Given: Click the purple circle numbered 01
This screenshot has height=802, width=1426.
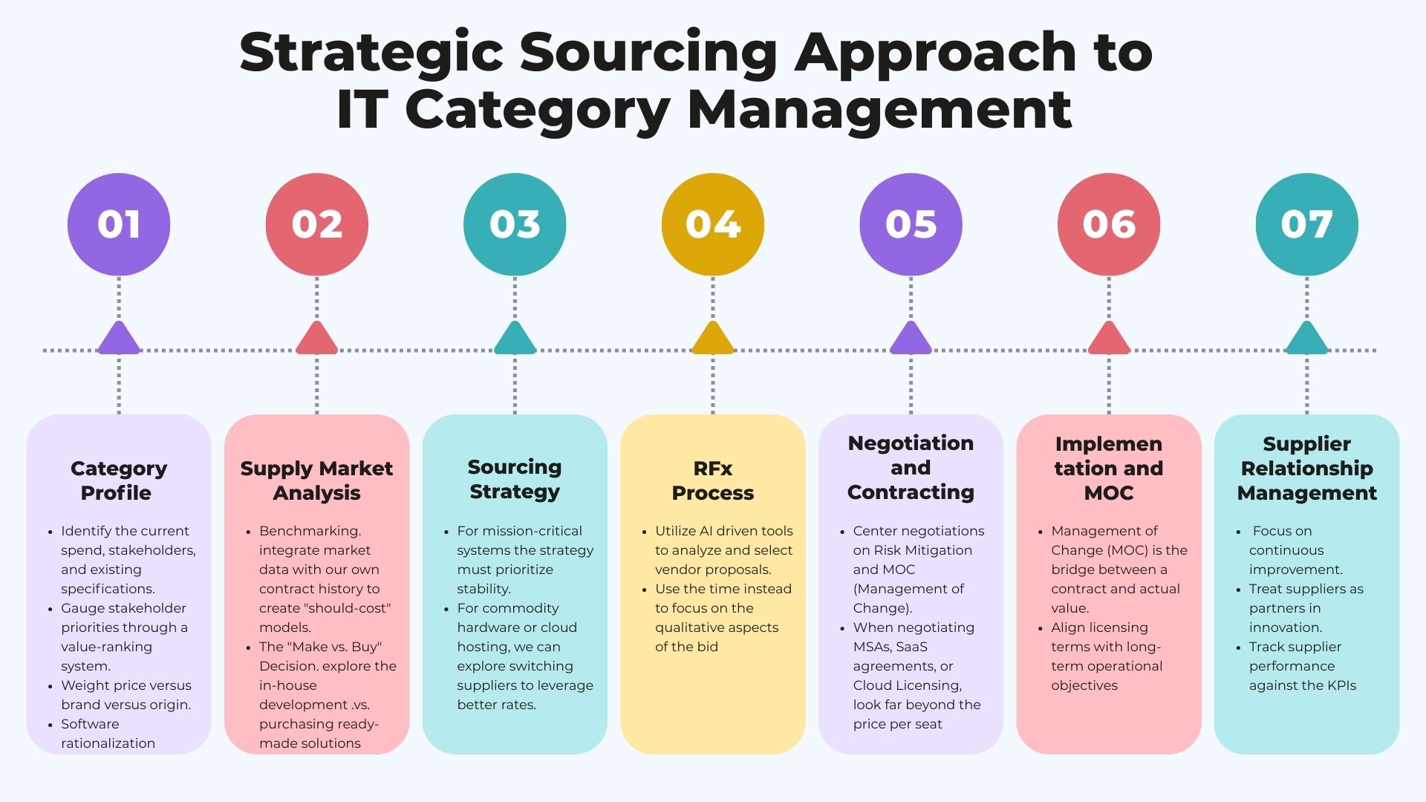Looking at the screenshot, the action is coord(119,224).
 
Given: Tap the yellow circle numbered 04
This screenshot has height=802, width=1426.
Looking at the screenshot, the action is coord(713,224).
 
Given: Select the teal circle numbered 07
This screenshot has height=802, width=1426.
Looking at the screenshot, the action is coord(1307,224).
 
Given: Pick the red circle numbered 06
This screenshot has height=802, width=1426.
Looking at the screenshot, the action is coord(1109,224).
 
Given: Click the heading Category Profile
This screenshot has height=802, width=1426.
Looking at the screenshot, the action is coord(119,480).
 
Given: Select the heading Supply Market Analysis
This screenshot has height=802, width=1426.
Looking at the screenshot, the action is coord(317,480).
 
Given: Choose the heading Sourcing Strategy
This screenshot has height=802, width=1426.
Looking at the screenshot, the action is coord(515,479).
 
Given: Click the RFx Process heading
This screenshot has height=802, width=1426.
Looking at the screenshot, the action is coord(713,480).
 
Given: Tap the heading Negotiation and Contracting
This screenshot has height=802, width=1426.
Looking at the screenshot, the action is coord(911,468).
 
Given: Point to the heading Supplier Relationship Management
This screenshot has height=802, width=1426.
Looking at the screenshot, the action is coord(1307,469).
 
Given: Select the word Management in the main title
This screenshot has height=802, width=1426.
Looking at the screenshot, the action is coord(880,110).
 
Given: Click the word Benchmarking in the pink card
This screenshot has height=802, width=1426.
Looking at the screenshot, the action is coord(310,531).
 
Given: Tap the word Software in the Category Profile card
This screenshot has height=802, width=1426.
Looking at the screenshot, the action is coord(90,724).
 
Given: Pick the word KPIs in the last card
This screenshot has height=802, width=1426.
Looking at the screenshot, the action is coord(1339,685).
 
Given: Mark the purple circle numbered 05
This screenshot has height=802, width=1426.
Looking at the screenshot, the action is coord(911,224).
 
